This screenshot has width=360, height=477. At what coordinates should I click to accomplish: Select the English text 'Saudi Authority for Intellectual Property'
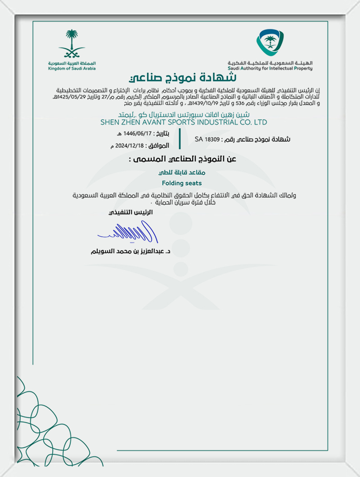(270, 68)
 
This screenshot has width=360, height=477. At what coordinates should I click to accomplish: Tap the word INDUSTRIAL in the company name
(218, 122)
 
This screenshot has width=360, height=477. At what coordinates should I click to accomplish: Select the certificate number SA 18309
(207, 139)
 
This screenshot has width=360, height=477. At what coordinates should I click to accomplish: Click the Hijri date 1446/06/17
(139, 134)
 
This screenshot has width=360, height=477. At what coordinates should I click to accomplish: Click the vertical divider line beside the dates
(180, 139)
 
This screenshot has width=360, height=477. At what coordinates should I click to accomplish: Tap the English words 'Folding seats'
(181, 183)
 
